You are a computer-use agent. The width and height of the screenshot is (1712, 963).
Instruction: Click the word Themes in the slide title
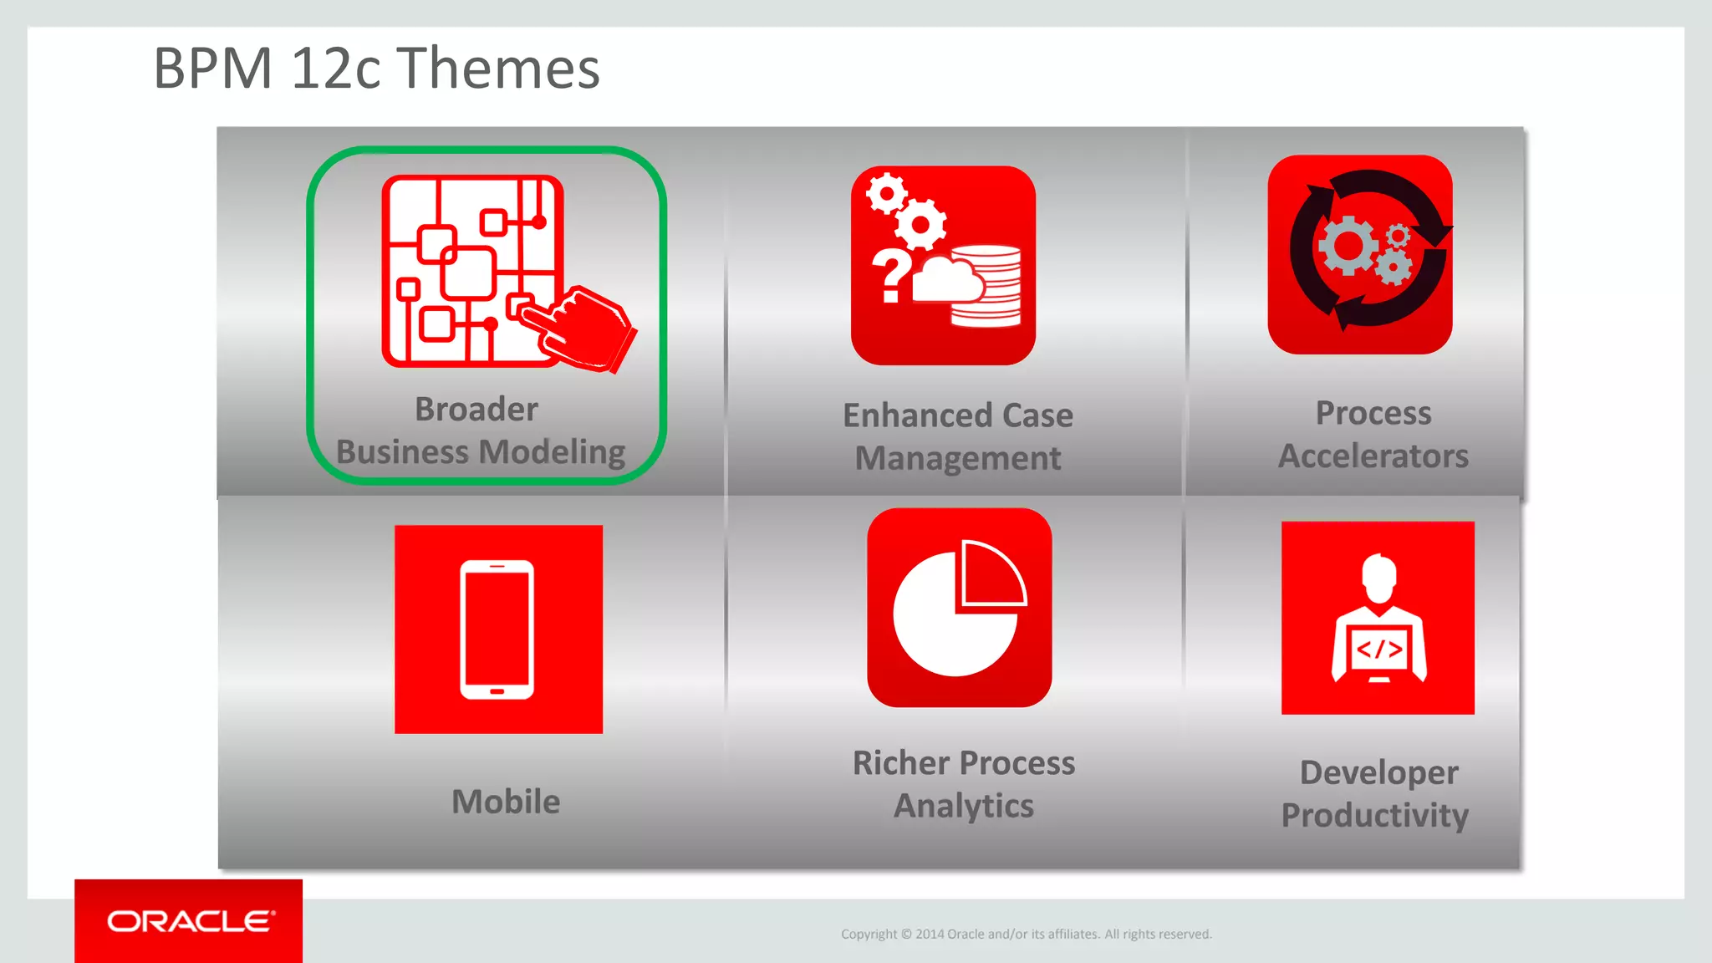tap(498, 69)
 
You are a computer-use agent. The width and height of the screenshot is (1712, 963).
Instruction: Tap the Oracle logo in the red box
tap(190, 921)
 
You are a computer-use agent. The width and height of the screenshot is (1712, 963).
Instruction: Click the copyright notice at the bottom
tap(1026, 934)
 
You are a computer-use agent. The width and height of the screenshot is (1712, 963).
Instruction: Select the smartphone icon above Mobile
tap(497, 629)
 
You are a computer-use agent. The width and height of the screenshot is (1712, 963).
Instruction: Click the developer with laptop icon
tap(1378, 618)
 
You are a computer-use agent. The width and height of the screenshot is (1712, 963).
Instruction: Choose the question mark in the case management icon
tap(891, 276)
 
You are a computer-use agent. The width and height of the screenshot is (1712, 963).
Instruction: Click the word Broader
tap(476, 410)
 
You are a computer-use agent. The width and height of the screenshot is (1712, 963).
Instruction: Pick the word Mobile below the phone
tap(506, 802)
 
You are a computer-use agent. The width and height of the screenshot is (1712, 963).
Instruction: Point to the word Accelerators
tap(1373, 456)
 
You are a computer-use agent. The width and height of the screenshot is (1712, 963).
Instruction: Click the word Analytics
tap(964, 806)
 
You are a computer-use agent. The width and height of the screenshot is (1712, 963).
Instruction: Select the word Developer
tap(1378, 773)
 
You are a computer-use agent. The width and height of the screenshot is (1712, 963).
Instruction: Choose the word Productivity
tap(1375, 816)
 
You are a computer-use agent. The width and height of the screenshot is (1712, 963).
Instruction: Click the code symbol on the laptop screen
tap(1379, 650)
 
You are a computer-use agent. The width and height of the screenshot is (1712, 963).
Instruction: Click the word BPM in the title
tap(213, 69)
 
